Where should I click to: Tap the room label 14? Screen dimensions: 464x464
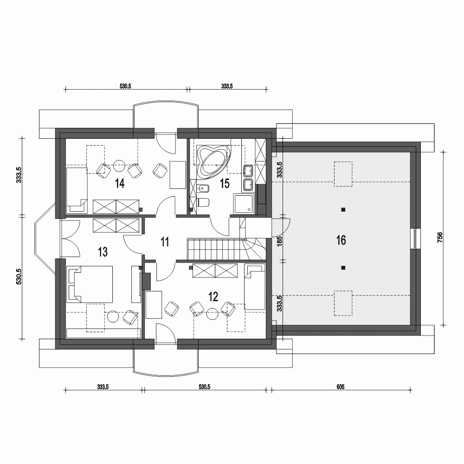pyautogui.click(x=120, y=184)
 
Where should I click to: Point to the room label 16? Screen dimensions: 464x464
pyautogui.click(x=341, y=240)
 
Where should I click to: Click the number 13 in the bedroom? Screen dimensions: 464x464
pyautogui.click(x=103, y=251)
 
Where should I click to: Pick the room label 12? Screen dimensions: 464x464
pyautogui.click(x=213, y=297)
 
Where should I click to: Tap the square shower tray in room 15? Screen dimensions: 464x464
pyautogui.click(x=244, y=204)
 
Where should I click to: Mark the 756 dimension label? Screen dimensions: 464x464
pyautogui.click(x=440, y=237)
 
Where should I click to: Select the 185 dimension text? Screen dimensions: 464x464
pyautogui.click(x=279, y=241)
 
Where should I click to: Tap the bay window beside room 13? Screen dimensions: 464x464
pyautogui.click(x=43, y=239)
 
